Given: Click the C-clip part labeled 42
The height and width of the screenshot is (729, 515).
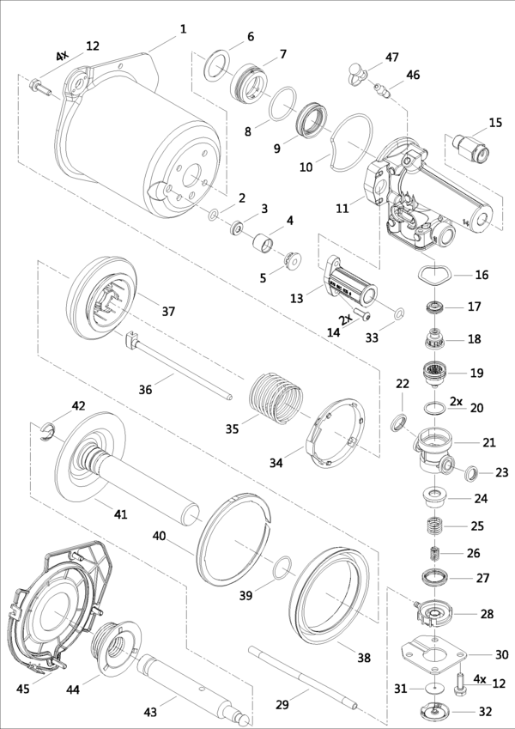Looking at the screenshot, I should point(51,432).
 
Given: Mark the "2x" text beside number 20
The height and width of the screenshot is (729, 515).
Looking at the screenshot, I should point(456,401).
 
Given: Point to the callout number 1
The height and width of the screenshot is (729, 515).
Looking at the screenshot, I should point(183,29).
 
